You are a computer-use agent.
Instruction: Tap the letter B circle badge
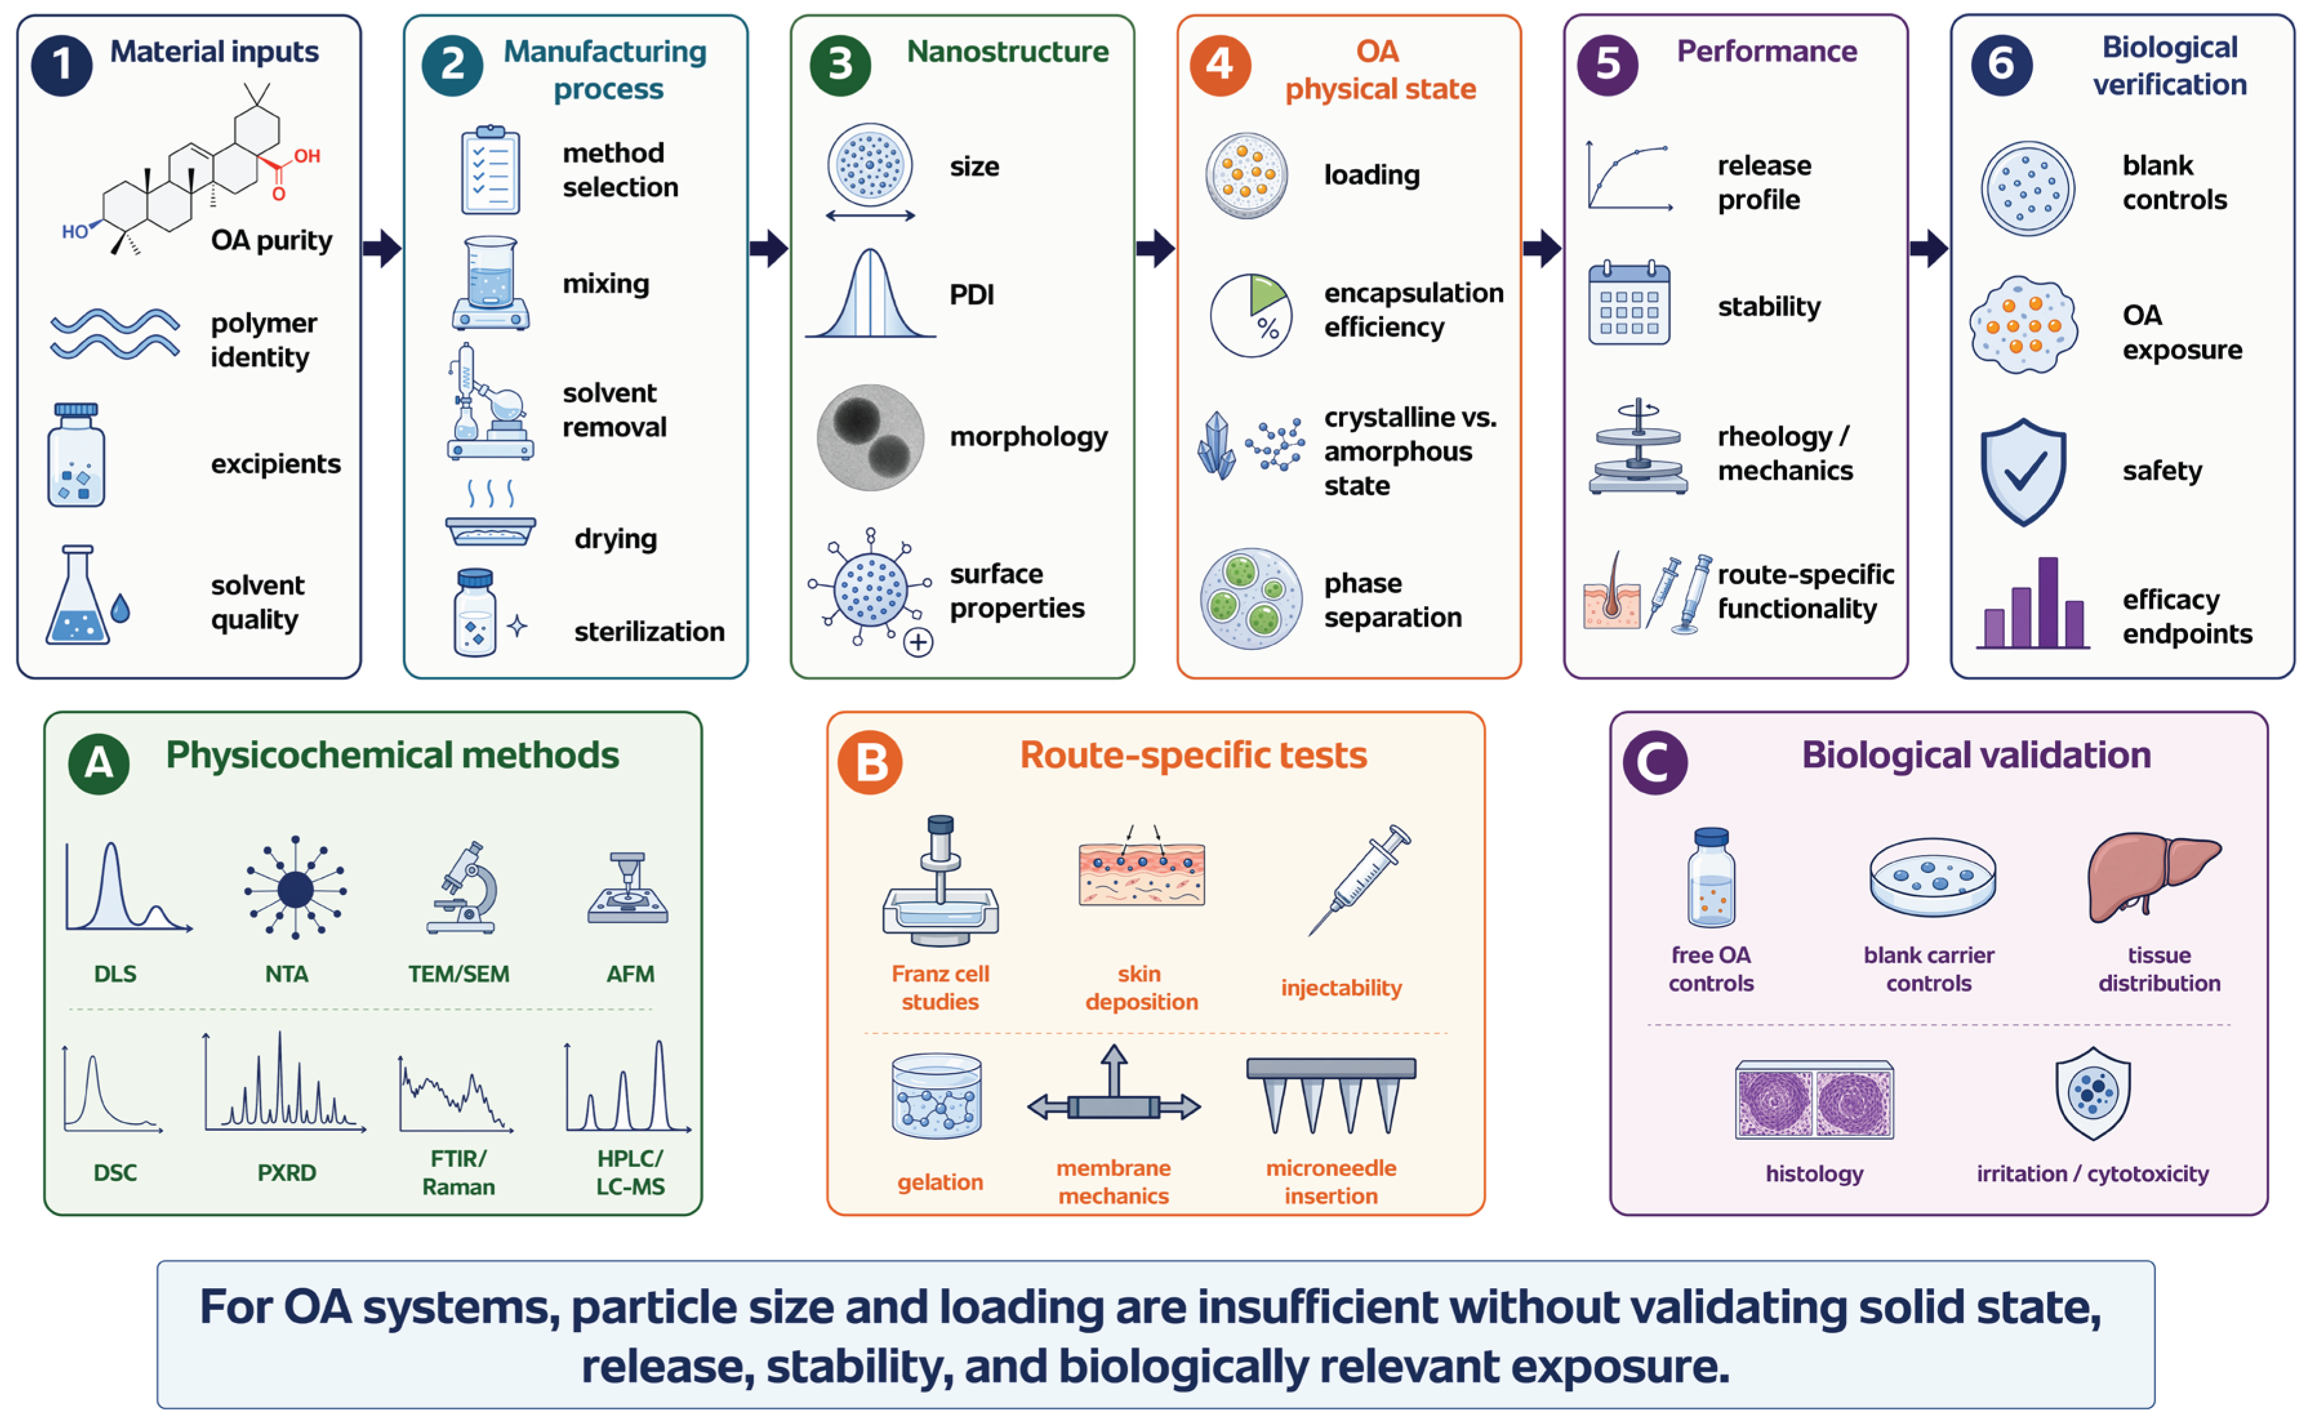coord(870,762)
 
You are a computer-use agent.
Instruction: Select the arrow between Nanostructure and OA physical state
coord(1155,249)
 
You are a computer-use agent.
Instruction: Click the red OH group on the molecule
coord(306,156)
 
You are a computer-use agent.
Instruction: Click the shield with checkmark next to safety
coord(2023,472)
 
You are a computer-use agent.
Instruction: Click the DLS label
coord(115,974)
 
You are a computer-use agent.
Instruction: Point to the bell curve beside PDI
coord(871,293)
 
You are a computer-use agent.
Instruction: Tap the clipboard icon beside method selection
coord(490,170)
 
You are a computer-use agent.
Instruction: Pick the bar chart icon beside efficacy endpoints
coord(2033,603)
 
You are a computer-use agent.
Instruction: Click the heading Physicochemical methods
coord(392,756)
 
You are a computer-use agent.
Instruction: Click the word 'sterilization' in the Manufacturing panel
coord(649,632)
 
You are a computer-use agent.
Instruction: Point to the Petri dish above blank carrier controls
coord(1932,877)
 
